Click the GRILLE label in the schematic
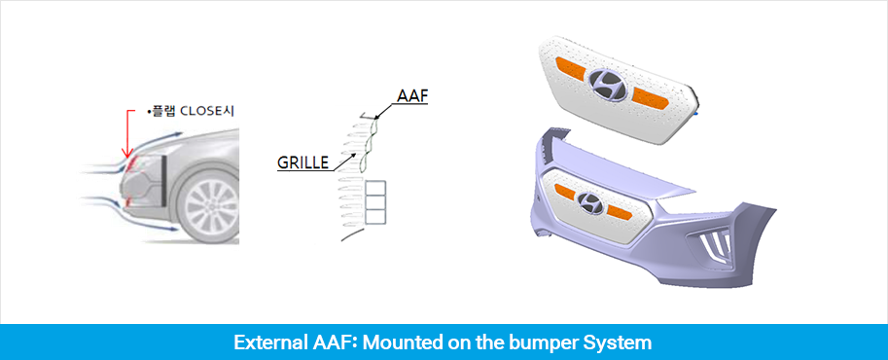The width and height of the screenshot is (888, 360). [302, 162]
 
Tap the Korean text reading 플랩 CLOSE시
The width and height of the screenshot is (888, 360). [192, 112]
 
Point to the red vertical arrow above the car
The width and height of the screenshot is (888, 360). [128, 134]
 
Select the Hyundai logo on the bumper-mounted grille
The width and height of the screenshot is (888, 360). [590, 201]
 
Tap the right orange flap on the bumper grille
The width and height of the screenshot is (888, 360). [617, 213]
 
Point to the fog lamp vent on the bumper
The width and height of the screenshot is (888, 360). [712, 245]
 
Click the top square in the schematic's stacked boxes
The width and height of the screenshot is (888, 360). [375, 188]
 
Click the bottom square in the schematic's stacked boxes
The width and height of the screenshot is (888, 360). [375, 216]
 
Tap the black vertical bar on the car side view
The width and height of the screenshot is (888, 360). [162, 181]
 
